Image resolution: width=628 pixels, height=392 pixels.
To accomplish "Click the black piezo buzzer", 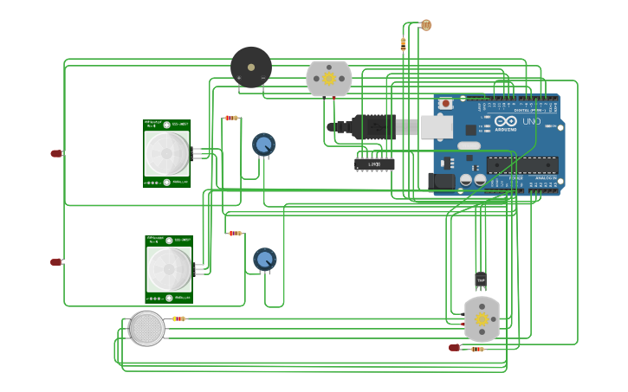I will point(251,67).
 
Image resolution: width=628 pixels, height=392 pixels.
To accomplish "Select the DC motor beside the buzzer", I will point(329,79).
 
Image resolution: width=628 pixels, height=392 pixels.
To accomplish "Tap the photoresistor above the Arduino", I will point(425,25).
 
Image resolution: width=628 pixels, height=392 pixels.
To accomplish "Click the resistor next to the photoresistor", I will point(403,42).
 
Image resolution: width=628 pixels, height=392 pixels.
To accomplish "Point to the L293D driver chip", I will point(374,164).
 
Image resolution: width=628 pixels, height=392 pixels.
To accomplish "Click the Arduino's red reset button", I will point(445,104).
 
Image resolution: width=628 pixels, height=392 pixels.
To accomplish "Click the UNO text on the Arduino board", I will point(531,122).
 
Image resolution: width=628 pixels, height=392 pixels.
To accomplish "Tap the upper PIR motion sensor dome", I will point(166,152).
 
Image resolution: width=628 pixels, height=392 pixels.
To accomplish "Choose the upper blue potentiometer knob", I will point(264,144).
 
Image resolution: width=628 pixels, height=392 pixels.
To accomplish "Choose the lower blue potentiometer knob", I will point(265,259).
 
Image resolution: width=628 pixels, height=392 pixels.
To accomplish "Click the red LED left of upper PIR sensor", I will point(56,153).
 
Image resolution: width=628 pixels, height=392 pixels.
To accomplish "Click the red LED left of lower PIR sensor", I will point(56,261).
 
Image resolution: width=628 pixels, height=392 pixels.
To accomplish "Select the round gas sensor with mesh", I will point(147,329).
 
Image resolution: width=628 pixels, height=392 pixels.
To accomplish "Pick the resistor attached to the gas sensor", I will point(178,318).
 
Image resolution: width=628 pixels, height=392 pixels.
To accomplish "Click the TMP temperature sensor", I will point(481,280).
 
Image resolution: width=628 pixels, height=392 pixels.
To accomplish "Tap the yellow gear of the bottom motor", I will point(482,318).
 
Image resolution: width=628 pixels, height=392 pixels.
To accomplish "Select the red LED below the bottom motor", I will point(454,348).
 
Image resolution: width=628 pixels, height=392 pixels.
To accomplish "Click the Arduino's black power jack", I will point(441,182).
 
